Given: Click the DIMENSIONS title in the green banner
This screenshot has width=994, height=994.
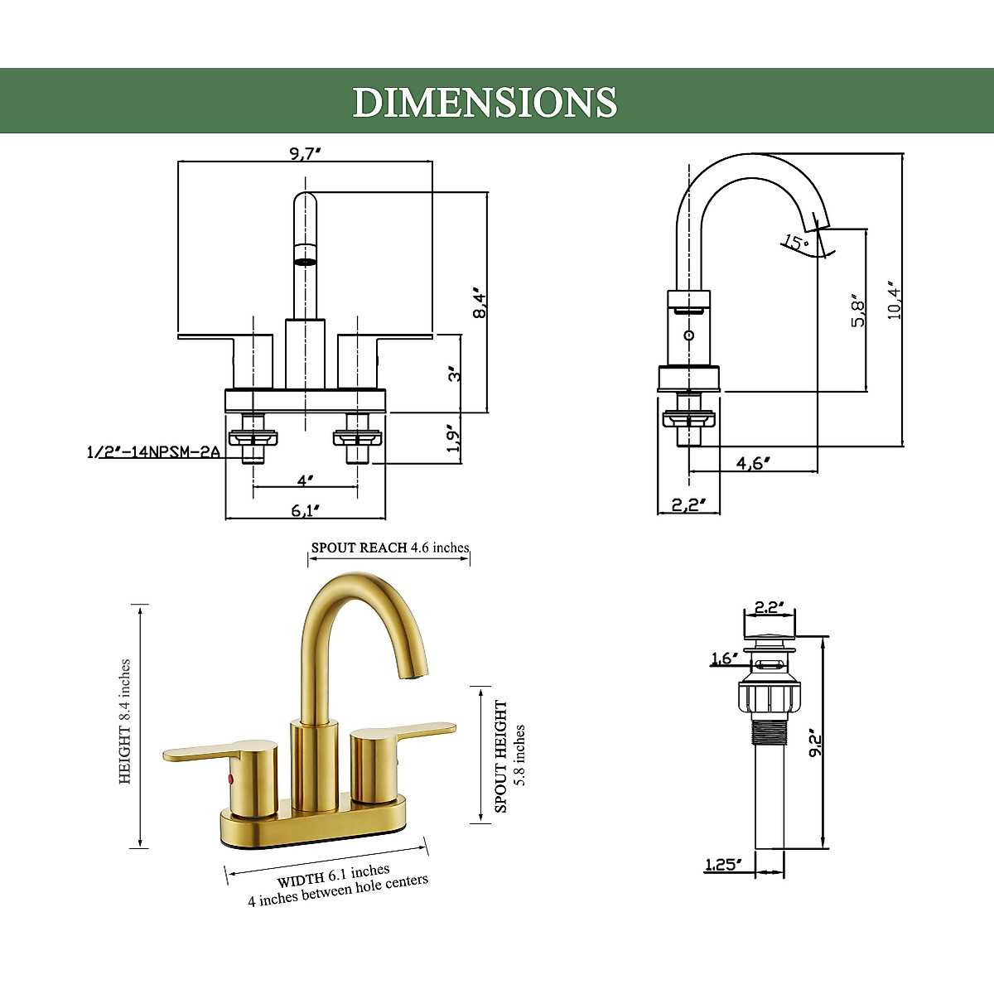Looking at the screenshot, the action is (485, 102).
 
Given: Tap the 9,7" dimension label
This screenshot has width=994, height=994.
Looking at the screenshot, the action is (305, 153).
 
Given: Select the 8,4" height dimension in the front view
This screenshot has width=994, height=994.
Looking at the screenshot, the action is (480, 303).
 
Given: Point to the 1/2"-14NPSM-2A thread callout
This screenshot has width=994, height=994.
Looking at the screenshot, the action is (153, 452).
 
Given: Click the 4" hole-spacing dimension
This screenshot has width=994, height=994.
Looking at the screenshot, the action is (305, 480).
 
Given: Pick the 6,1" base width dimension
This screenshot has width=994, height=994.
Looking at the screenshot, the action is (305, 510).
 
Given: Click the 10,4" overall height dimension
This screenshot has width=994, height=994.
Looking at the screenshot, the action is (894, 301).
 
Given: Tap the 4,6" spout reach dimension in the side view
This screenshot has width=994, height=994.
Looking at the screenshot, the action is (753, 463).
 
